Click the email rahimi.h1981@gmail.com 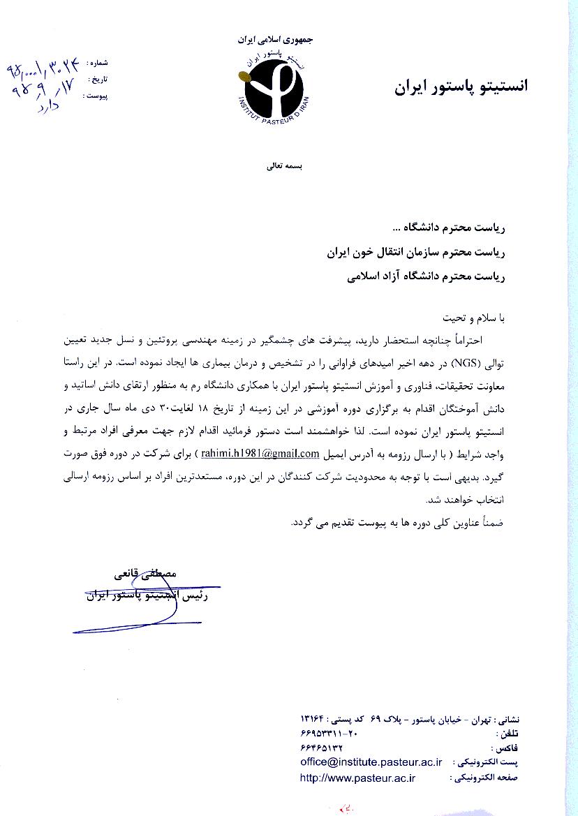click(260, 454)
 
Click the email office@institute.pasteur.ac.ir click(371, 762)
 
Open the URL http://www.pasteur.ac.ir click(357, 776)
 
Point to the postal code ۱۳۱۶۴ click(313, 718)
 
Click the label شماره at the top click(97, 63)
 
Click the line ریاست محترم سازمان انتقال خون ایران click(415, 252)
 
